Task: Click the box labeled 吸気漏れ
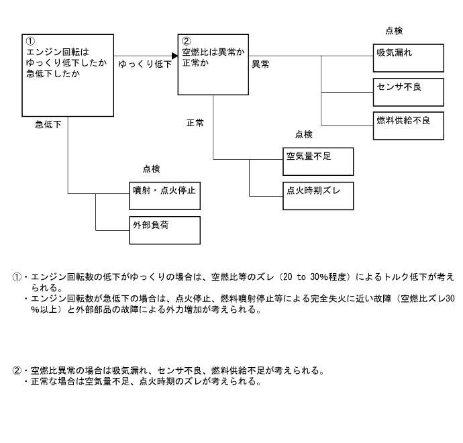pos(409,58)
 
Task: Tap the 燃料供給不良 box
pos(409,126)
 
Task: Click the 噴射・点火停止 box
pos(165,195)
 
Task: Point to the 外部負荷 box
pos(165,230)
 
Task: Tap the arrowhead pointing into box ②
pos(173,56)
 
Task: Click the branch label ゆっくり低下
pos(145,64)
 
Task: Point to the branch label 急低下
pos(48,124)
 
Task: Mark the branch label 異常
pos(261,64)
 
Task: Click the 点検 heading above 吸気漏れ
pos(394,30)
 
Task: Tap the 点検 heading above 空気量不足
pos(303,134)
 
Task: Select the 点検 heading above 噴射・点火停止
pos(152,169)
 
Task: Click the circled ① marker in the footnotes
pos(17,277)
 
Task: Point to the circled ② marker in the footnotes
pos(17,371)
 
